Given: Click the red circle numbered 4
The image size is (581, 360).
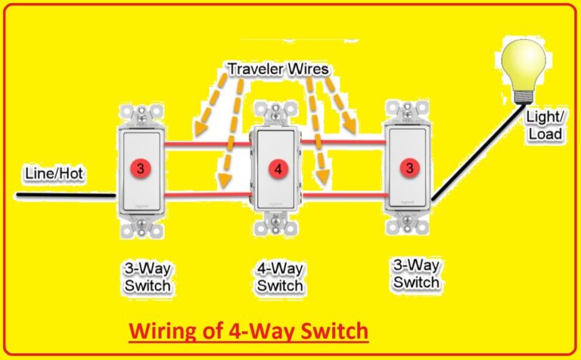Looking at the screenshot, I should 278,169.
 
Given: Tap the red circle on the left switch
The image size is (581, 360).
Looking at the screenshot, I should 140,167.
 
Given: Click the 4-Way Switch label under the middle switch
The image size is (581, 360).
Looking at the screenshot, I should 279,277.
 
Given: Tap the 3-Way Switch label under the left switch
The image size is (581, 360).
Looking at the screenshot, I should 147,278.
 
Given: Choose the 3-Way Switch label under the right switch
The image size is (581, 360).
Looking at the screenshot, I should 415,274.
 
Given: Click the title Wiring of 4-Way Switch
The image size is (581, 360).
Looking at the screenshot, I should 248,331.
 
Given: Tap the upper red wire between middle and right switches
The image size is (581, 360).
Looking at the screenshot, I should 345,141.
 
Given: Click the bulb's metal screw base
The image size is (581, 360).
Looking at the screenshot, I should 522,97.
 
